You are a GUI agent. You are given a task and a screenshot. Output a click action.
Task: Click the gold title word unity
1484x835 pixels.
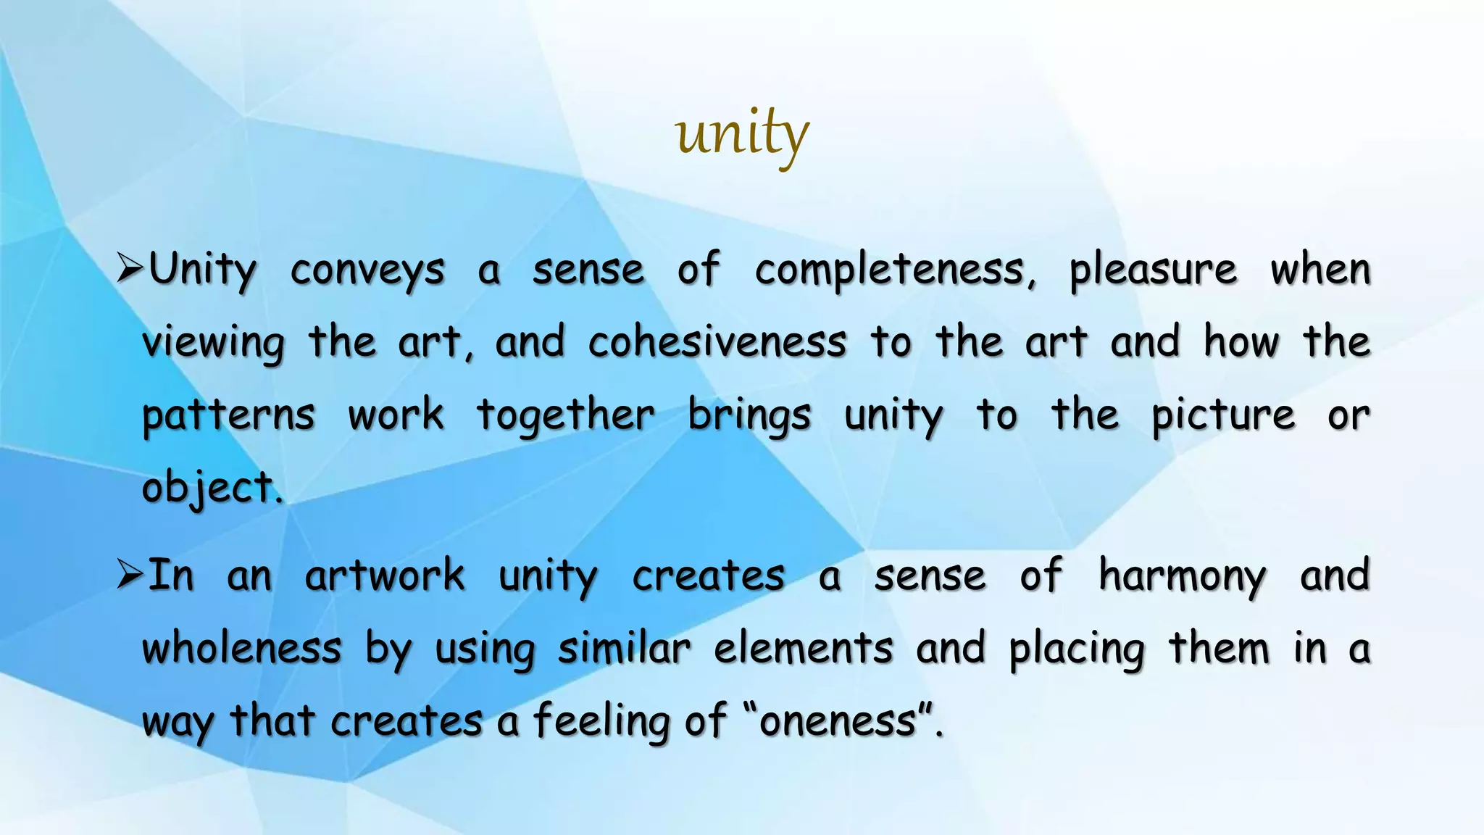pyautogui.click(x=741, y=135)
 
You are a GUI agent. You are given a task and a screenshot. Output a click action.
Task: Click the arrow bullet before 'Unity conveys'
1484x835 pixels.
pyautogui.click(x=130, y=270)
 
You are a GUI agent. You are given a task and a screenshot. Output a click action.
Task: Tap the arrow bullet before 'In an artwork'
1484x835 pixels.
pyautogui.click(x=130, y=576)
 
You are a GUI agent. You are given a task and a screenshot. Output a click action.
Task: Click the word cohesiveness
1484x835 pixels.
pyautogui.click(x=717, y=342)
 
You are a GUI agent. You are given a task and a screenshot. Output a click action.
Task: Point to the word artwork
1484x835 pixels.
pyautogui.click(x=384, y=576)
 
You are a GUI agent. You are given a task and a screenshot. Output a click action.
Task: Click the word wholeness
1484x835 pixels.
pyautogui.click(x=241, y=648)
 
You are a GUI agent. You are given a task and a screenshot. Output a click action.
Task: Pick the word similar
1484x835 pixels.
pyautogui.click(x=624, y=648)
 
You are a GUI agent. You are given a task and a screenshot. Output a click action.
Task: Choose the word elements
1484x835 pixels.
pyautogui.click(x=803, y=648)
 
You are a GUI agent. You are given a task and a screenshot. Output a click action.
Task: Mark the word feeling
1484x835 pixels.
pyautogui.click(x=603, y=722)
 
